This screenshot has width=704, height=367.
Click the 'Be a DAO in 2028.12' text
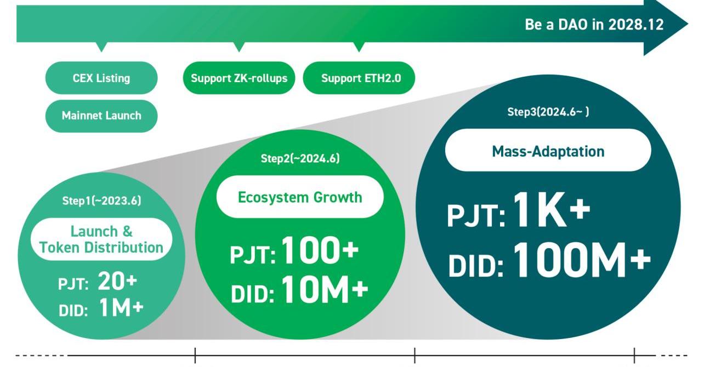pos(594,25)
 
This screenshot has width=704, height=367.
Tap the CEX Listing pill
pos(101,78)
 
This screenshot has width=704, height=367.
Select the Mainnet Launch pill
pos(101,116)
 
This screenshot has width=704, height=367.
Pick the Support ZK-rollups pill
pos(239,78)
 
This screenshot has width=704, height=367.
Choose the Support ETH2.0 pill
pos(359,78)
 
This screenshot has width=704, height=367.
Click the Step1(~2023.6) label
pos(101,200)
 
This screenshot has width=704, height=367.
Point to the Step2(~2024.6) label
pos(300,158)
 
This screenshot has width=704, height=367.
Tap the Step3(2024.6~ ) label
pos(548,112)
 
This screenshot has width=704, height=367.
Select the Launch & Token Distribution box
pos(101,239)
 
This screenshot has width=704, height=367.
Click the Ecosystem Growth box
pos(300,197)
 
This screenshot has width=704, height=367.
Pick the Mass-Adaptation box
pos(548,150)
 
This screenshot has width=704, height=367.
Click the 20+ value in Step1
pos(117,281)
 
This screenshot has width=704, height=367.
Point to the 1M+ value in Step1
pos(121,307)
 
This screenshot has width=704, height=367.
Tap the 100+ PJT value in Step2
pos(320,250)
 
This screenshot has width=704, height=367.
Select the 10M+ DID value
pos(325,289)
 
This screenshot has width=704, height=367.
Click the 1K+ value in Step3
pos(552,209)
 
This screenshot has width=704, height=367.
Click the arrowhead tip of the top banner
pos(688,24)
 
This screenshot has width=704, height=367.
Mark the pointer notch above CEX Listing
pos(101,47)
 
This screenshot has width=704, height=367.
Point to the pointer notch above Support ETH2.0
pos(359,47)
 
